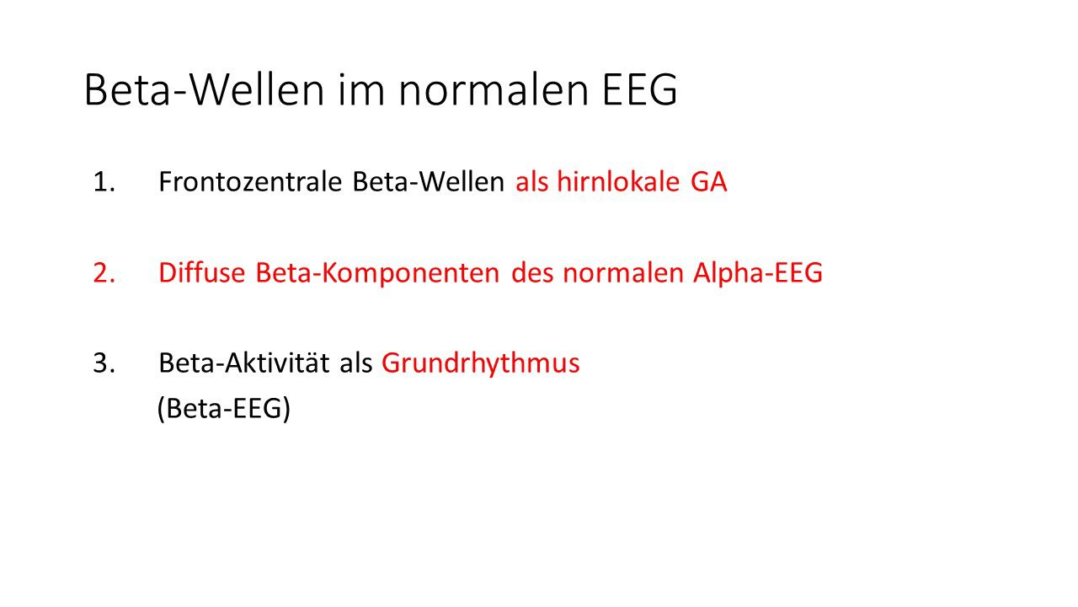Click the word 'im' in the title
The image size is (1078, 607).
click(361, 89)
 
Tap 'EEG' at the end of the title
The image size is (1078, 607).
click(639, 89)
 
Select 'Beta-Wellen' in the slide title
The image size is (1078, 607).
click(204, 89)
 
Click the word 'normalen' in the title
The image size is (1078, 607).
click(494, 89)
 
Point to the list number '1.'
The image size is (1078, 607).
click(104, 182)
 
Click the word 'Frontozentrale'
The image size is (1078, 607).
click(250, 181)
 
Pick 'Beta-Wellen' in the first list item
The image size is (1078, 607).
click(429, 181)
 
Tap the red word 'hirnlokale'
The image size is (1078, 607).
click(618, 181)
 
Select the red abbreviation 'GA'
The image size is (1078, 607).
click(708, 182)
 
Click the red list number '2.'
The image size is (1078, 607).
click(104, 272)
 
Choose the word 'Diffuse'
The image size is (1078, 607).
click(202, 272)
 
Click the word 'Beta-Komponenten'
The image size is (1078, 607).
click(378, 273)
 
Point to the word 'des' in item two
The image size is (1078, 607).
click(531, 272)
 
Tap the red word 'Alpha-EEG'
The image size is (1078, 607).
click(758, 273)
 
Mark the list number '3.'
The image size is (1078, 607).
click(104, 363)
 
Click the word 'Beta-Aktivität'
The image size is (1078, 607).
click(244, 363)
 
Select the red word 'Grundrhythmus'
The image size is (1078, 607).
click(481, 363)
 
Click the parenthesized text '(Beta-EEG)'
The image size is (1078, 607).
click(224, 409)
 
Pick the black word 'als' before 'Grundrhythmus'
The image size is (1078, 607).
click(356, 363)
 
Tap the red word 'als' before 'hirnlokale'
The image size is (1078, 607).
click(531, 181)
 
